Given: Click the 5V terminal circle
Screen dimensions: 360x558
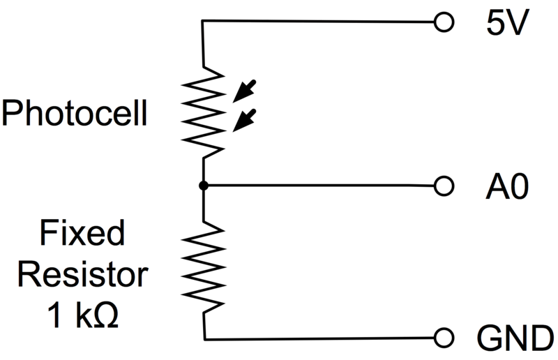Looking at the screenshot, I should click(441, 22).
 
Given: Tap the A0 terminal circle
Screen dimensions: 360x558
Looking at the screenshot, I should click(441, 186).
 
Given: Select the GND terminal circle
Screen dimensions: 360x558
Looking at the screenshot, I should click(441, 338).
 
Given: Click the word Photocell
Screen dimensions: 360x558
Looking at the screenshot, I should click(75, 113).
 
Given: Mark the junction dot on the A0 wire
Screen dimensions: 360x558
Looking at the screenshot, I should click(203, 186).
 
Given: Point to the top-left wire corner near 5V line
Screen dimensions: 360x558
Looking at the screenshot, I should click(203, 22).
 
